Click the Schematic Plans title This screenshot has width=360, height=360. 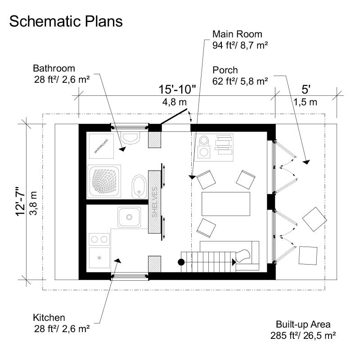coord(66,22)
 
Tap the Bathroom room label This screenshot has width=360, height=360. coord(54,69)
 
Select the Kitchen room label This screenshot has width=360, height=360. coord(49,318)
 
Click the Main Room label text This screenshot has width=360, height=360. coord(237,34)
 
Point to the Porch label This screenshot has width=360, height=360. coord(225,70)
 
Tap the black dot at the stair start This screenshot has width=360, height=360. coord(181,262)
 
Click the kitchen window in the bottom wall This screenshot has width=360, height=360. coord(130,276)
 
